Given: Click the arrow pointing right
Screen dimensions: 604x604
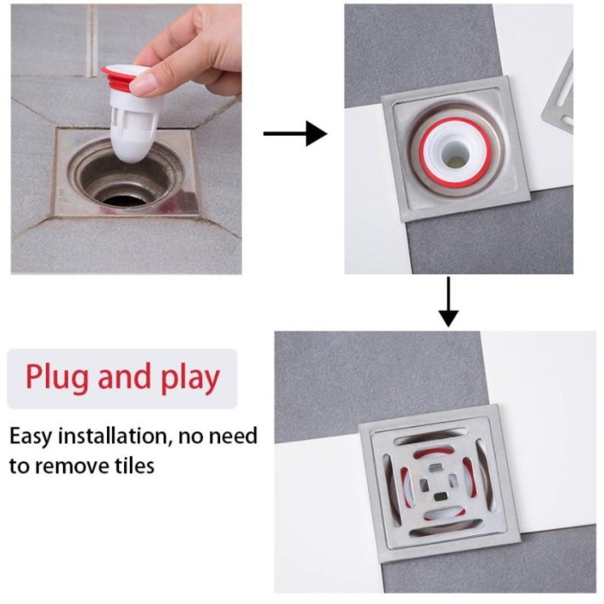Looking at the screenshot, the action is pyautogui.click(x=296, y=133).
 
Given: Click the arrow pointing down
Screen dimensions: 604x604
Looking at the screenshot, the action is pyautogui.click(x=449, y=302).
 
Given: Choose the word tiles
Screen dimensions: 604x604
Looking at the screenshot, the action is pyautogui.click(x=134, y=466).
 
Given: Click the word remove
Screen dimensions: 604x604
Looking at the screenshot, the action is pyautogui.click(x=72, y=466).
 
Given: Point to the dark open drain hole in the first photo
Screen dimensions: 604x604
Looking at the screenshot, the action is pyautogui.click(x=123, y=199).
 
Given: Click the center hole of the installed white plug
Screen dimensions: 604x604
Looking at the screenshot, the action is pyautogui.click(x=456, y=154).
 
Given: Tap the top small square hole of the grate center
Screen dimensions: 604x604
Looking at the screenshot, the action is pyautogui.click(x=437, y=467).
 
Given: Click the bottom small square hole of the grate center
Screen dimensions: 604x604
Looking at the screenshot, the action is pyautogui.click(x=440, y=496).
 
